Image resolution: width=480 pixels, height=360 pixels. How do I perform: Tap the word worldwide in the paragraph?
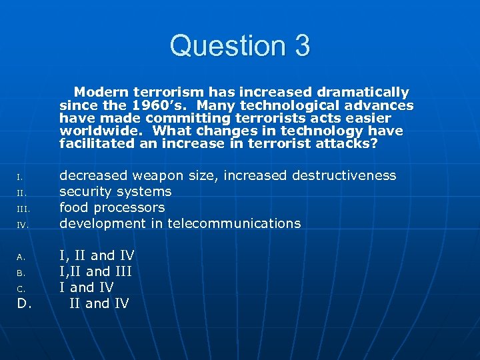click(x=90, y=131)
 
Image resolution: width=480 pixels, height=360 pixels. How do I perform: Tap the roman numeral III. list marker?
click(x=23, y=209)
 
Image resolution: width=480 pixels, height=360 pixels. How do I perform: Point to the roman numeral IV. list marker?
click(x=23, y=225)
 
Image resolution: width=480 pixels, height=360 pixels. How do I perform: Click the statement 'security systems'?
click(x=115, y=191)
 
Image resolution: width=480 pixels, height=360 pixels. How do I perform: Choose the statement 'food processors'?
click(x=112, y=207)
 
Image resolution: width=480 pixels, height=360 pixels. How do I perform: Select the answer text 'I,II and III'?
click(x=95, y=271)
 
